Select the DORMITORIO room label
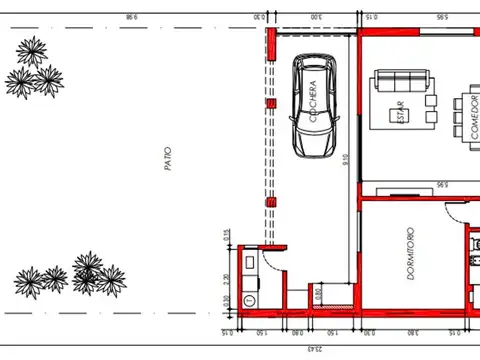click(411, 254)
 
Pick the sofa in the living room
click(401, 81)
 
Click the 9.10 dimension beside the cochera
click(346, 160)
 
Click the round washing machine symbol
click(249, 299)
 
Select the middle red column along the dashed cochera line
click(269, 103)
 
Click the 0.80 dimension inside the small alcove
click(318, 294)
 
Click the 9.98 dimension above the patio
click(130, 17)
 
